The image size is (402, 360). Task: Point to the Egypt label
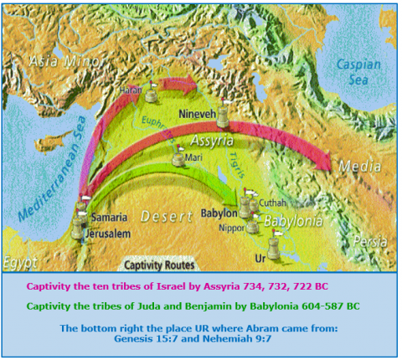pyautogui.click(x=20, y=263)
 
